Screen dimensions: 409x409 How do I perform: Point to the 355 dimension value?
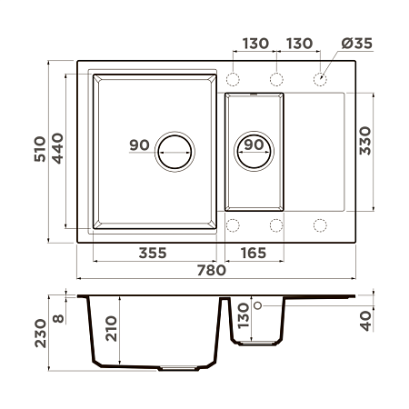153,252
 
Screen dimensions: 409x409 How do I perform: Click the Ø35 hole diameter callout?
357,44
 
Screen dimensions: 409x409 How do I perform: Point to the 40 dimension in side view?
367,320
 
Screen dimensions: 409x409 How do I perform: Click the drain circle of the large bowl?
175,151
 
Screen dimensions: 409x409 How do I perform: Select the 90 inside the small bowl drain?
254,145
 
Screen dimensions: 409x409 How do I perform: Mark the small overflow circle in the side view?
258,305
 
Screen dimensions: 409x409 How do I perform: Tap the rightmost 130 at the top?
300,44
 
